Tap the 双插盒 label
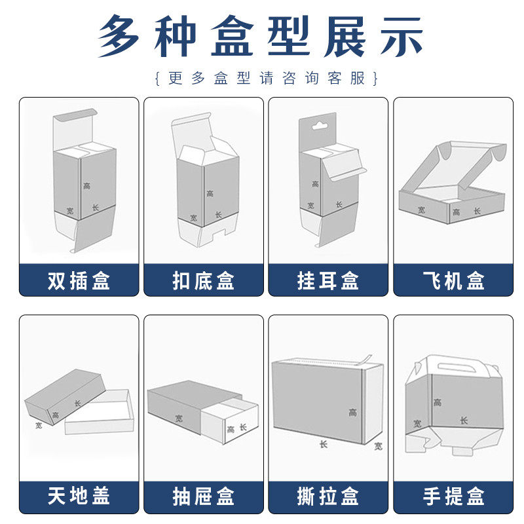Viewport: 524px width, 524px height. [x=79, y=280]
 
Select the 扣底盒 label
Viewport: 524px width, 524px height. [x=203, y=280]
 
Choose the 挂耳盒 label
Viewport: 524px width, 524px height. [x=328, y=280]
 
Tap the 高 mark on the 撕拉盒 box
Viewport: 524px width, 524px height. [x=352, y=413]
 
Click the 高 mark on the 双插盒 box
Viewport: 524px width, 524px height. [x=87, y=186]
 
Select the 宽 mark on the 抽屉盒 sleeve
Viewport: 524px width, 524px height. [x=178, y=417]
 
